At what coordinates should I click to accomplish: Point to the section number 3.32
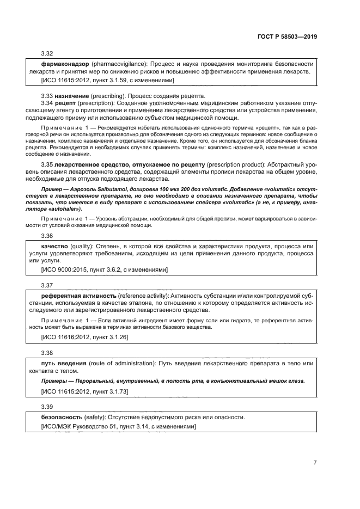point(47,53)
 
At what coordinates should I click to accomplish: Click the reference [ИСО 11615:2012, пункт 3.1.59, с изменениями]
point(107,80)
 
